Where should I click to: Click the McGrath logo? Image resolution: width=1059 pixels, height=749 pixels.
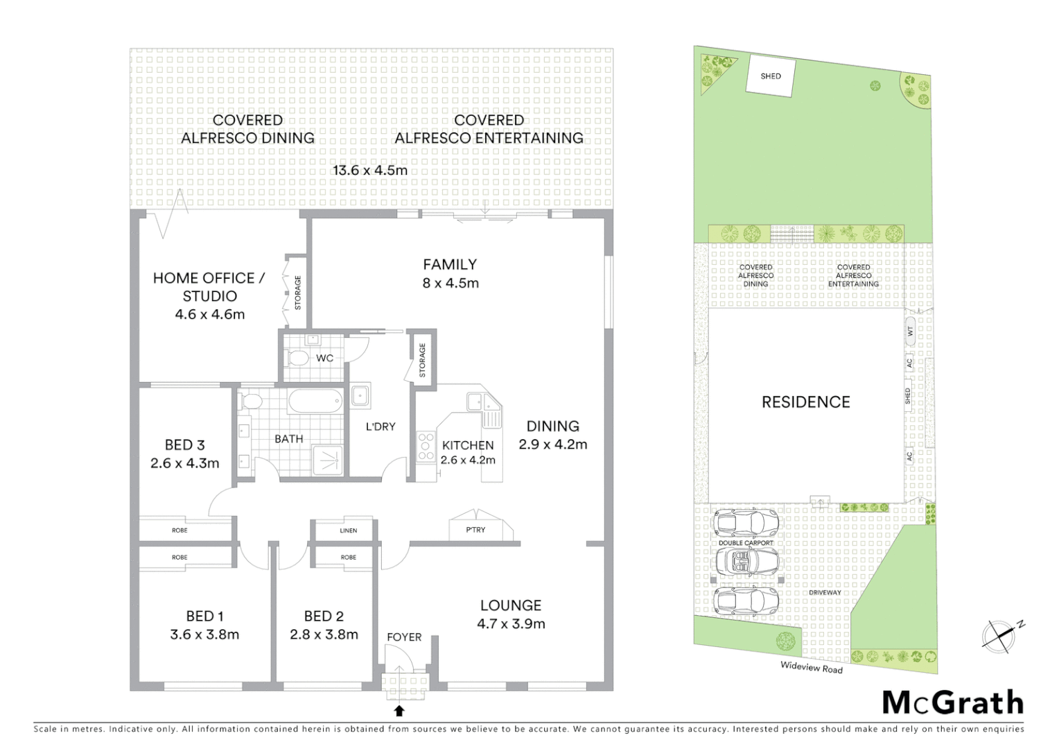953,703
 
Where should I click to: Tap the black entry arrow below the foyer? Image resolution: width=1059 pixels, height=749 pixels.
399,711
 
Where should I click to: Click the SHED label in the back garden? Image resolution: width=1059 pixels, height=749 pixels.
770,76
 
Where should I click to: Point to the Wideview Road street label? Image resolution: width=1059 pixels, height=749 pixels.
811,667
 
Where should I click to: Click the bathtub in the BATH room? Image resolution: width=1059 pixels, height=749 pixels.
315,401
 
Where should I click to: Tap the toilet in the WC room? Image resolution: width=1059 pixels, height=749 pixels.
298,359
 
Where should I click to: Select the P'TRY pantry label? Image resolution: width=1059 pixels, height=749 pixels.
475,530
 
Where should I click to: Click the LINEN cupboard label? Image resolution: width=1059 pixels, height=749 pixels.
349,531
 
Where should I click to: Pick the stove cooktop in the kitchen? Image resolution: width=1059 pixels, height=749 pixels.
426,447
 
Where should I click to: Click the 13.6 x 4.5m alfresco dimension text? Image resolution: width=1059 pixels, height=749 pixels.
370,170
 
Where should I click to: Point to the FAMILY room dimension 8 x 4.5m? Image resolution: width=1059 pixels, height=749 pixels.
450,283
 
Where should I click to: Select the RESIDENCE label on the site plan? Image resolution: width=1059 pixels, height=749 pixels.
805,402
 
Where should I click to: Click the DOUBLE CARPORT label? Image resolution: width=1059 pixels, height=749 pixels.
746,543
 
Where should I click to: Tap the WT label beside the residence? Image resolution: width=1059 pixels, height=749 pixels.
911,332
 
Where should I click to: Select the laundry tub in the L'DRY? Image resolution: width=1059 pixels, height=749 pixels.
360,396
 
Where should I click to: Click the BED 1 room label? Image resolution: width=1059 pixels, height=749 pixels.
204,616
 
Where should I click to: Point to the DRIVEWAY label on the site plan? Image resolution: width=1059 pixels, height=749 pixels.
825,593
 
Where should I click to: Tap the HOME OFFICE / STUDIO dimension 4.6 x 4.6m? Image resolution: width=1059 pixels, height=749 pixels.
210,314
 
